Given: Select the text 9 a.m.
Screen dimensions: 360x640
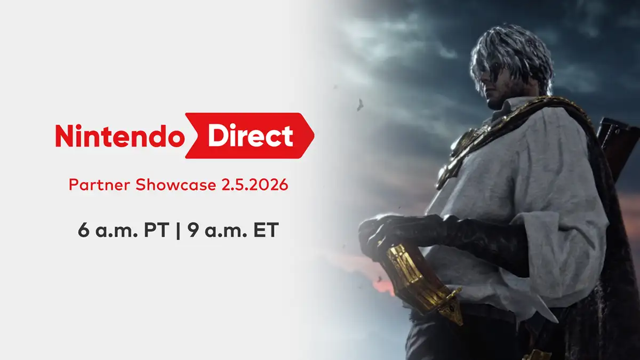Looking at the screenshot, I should click(x=208, y=232).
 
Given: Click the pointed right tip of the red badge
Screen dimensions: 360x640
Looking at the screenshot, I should click(x=312, y=136).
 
